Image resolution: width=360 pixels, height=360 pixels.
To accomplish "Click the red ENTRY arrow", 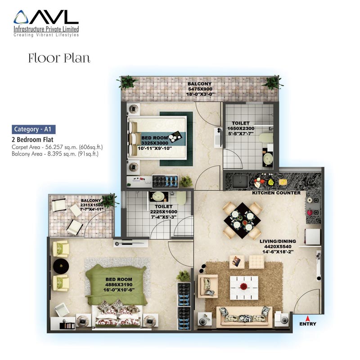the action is pyautogui.click(x=307, y=318).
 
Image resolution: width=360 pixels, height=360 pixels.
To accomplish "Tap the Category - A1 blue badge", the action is pyautogui.click(x=33, y=129).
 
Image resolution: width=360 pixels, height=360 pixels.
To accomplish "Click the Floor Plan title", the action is pyautogui.click(x=59, y=58).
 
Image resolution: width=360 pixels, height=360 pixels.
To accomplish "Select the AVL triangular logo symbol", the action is pyautogui.click(x=21, y=17).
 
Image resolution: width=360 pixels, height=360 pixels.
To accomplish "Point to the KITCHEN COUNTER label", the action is pyautogui.click(x=276, y=193).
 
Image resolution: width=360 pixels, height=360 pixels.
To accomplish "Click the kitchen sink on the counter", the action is pyautogui.click(x=240, y=181).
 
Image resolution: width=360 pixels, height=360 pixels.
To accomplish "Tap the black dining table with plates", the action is pyautogui.click(x=242, y=220).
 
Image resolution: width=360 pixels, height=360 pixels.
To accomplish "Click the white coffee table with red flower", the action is pyautogui.click(x=244, y=288).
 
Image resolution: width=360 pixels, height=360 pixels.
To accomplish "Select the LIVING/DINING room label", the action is pyautogui.click(x=278, y=241).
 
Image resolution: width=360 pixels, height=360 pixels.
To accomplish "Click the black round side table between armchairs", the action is pyautogui.click(x=61, y=266).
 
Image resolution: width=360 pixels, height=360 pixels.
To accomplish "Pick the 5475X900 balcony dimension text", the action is pyautogui.click(x=200, y=89).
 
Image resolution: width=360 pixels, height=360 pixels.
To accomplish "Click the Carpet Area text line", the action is pyautogui.click(x=57, y=147).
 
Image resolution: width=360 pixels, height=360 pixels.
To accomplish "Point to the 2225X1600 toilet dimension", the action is pyautogui.click(x=163, y=211).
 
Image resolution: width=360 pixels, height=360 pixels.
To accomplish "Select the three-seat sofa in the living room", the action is pyautogui.click(x=244, y=317).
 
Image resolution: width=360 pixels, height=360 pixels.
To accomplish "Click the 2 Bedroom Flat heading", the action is pyautogui.click(x=32, y=139).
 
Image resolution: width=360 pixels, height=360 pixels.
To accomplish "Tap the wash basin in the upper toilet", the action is pyautogui.click(x=267, y=158).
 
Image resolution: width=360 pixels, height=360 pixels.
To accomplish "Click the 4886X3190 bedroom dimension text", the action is pyautogui.click(x=119, y=285).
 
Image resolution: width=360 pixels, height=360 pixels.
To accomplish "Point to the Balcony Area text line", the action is pyautogui.click(x=55, y=154).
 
